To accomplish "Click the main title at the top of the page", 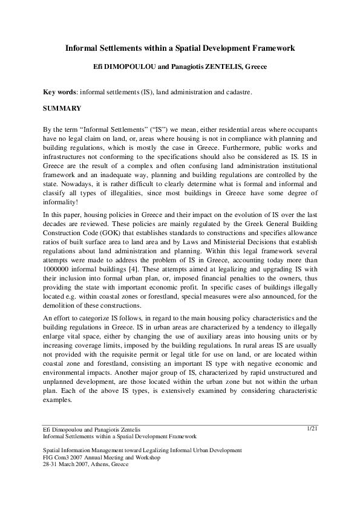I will coord(180,48).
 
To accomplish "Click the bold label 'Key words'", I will coord(57,92).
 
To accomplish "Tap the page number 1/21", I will coord(312,428).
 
